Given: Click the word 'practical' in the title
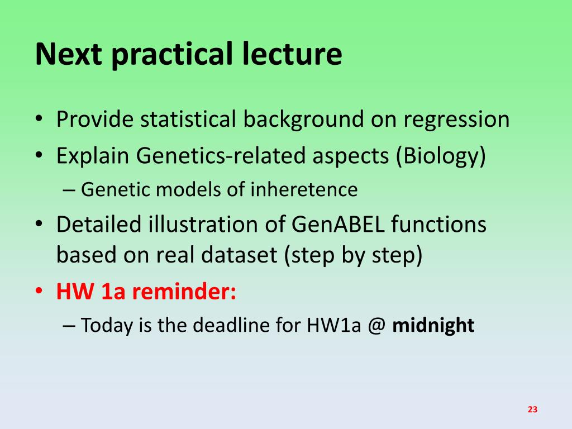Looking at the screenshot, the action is click(172, 55).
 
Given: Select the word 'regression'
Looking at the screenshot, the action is click(456, 120).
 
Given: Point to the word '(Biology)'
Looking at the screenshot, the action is click(441, 156).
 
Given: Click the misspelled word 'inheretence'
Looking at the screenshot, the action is click(304, 189).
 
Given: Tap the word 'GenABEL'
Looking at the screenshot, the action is click(338, 224).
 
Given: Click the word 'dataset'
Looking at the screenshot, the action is click(239, 254).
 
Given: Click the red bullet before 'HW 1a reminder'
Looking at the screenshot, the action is click(39, 292).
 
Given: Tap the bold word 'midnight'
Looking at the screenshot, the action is click(433, 325).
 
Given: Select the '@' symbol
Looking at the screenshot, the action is click(376, 325).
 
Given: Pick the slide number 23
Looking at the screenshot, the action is click(532, 409).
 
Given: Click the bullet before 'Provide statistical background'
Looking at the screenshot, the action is click(39, 120).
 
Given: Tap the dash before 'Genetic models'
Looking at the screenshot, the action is click(69, 190).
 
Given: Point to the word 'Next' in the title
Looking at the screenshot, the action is click(69, 54).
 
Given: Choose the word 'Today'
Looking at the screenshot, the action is click(107, 326).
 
